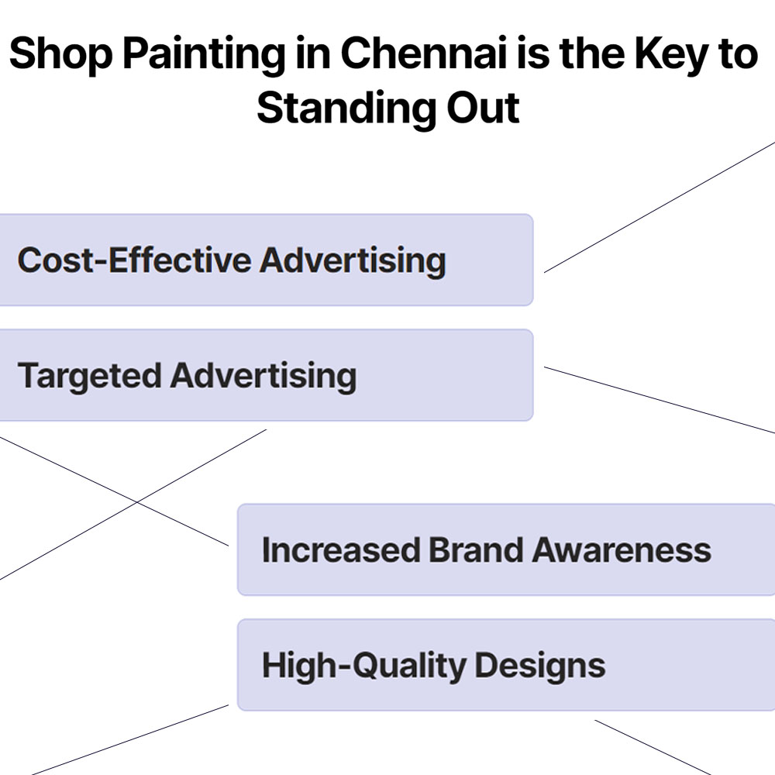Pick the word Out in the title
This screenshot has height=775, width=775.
482,108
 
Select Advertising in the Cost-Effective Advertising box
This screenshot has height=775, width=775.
353,260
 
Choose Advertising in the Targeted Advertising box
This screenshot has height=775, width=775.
263,376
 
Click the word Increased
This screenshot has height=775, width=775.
340,550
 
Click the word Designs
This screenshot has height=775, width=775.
539,666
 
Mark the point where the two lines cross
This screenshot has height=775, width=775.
137,501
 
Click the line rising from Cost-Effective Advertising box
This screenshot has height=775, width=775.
659,207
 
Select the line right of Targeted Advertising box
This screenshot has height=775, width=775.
659,399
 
